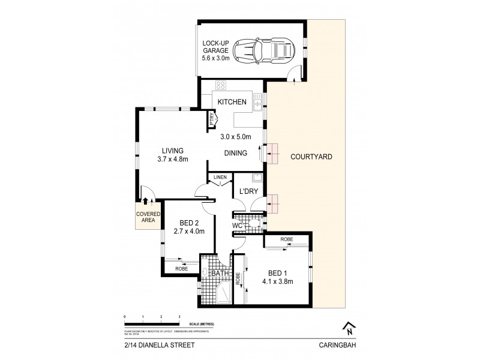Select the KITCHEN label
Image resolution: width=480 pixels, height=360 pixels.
coord(232,103)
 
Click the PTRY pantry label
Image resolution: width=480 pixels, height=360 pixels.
coord(212,119)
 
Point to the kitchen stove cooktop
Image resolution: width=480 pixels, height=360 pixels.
coord(220,85)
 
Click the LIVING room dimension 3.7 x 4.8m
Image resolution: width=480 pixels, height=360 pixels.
coord(172,159)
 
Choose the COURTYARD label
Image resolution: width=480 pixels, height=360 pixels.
coord(311,157)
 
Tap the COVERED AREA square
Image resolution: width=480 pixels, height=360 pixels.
coord(146,217)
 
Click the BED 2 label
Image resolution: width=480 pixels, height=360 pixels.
coord(189,222)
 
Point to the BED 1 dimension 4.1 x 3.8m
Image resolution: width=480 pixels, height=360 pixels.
coord(275,280)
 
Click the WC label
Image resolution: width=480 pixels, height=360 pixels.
coord(237,226)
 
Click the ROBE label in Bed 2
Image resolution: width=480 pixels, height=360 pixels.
coord(182,268)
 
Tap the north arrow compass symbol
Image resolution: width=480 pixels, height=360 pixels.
coord(347,328)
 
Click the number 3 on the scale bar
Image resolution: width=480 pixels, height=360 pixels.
coord(179,316)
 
